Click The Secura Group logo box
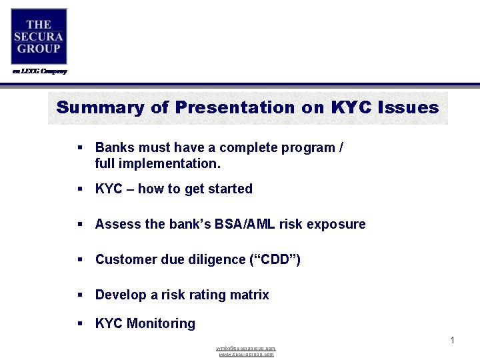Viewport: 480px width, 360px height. (39, 36)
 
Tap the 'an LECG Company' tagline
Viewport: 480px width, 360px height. (40, 71)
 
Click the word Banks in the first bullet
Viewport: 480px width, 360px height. (113, 147)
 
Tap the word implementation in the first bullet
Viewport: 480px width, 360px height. (172, 163)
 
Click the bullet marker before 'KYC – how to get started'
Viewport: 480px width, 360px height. (80, 189)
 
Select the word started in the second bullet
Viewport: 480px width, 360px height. (230, 189)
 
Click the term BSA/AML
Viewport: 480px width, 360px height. (243, 224)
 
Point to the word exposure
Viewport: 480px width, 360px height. (336, 224)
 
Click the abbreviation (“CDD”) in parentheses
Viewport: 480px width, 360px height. (275, 259)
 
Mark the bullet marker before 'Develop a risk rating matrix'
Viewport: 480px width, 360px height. (80, 295)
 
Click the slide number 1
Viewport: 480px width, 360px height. (452, 341)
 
